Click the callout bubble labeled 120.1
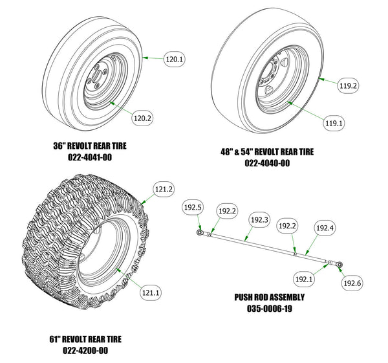point(175,60)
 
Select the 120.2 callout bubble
point(142,118)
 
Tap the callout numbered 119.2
point(349,85)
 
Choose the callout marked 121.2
point(164,190)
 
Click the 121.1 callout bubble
point(151,292)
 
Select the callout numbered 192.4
point(324,228)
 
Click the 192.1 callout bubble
point(303,280)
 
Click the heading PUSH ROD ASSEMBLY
point(268,298)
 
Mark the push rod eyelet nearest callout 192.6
point(339,263)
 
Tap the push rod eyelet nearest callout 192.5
point(202,230)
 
